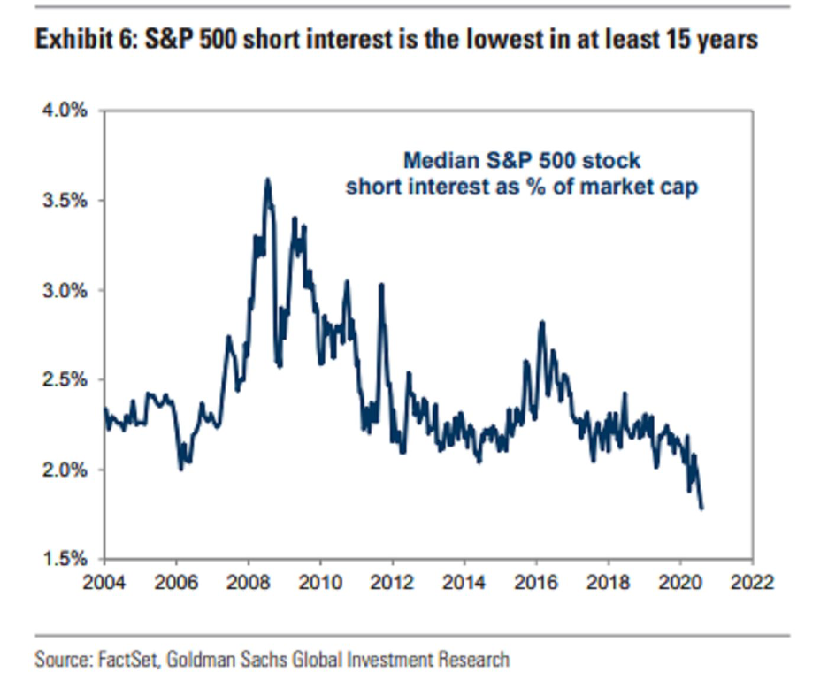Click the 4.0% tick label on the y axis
[x=66, y=111]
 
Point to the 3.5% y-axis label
[x=66, y=201]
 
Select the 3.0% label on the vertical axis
[x=66, y=290]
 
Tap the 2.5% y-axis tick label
[x=66, y=380]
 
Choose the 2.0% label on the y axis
[x=66, y=470]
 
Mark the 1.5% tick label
[x=66, y=559]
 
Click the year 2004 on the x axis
[x=103, y=584]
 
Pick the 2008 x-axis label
[x=248, y=584]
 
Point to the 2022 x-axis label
[x=752, y=584]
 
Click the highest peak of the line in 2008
[x=267, y=180]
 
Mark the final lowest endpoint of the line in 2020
[x=702, y=508]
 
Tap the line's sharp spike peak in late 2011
[x=381, y=285]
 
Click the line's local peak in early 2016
[x=541, y=322]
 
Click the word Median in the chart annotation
[x=442, y=161]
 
